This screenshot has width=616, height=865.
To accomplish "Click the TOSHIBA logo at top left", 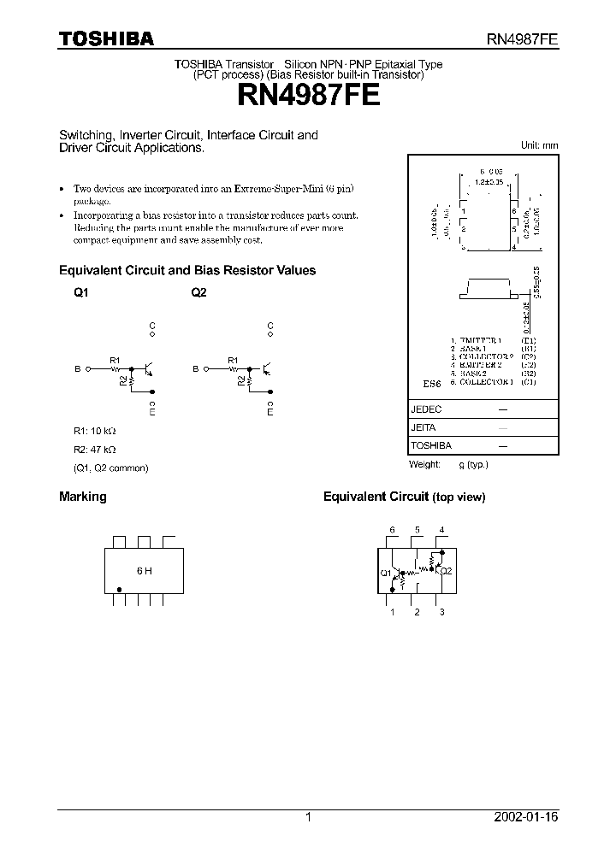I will [106, 38].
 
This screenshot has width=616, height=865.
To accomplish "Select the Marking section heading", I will [82, 497].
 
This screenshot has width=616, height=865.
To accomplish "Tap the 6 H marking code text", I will [144, 570].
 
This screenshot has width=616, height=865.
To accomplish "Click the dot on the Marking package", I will [120, 588].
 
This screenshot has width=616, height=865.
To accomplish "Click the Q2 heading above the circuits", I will [198, 292].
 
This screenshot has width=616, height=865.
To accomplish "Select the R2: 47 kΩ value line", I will [94, 450].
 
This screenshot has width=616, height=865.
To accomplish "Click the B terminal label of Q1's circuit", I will [77, 369].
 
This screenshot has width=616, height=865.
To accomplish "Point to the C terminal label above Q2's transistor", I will [270, 327].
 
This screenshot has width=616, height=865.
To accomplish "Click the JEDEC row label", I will [427, 409].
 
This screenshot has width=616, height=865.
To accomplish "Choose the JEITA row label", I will [424, 427].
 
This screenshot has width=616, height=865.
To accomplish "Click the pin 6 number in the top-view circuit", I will [393, 530].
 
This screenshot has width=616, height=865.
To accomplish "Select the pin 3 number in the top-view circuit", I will [441, 612].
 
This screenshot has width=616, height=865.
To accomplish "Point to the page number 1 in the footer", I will [308, 817].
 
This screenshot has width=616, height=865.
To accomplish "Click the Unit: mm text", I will [539, 145].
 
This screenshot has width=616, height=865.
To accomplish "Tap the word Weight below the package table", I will [425, 464].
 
